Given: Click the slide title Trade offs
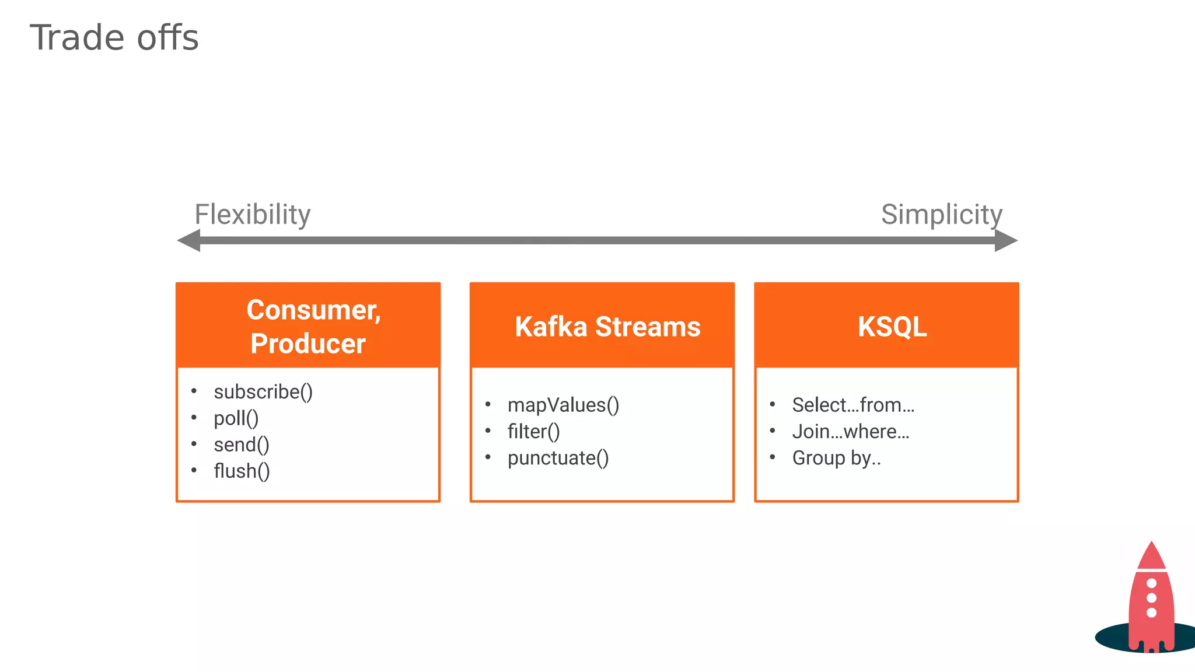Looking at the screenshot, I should [x=114, y=38].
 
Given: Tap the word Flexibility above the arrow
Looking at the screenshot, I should [x=252, y=214].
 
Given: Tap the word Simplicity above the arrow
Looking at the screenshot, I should [x=941, y=214].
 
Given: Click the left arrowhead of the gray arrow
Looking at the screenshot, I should [x=189, y=240].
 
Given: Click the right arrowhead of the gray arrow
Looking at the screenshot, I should [x=1006, y=240].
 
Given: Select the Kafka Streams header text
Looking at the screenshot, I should [x=607, y=327].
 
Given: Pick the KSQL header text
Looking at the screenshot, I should [x=892, y=327].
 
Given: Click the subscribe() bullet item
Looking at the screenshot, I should [x=263, y=391].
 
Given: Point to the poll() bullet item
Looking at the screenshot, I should [x=236, y=418].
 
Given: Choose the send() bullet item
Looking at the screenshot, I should [x=242, y=444].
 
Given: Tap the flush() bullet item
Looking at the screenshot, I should [x=242, y=471].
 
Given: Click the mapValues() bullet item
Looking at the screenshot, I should [x=563, y=405].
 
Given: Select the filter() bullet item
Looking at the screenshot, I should [x=533, y=432].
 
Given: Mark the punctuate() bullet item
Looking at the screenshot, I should [x=558, y=458].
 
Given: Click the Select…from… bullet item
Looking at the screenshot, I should [x=853, y=405].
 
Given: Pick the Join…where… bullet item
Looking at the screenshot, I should [x=851, y=432].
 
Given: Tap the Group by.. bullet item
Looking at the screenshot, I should [x=836, y=458].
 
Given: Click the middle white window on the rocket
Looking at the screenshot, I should [x=1151, y=598].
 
